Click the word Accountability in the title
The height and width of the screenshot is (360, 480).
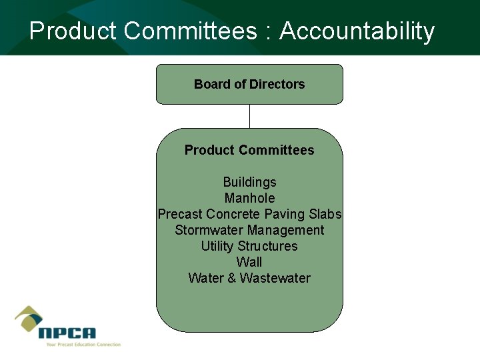[357, 31]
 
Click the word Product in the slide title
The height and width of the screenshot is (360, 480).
[73, 31]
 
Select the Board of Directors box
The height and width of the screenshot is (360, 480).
[249, 84]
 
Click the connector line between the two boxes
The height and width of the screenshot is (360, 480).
[249, 116]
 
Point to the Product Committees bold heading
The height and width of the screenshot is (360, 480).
[249, 150]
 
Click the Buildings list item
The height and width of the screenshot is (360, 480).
[249, 182]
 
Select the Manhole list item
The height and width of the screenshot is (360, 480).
[249, 198]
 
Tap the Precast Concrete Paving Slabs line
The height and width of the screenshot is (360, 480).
[249, 214]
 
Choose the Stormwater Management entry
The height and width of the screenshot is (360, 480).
[249, 230]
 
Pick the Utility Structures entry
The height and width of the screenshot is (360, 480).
[249, 246]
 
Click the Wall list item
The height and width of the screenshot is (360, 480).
[249, 262]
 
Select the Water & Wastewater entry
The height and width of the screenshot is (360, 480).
[249, 278]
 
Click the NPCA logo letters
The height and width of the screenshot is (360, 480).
[67, 333]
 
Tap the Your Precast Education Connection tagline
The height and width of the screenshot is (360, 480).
[83, 345]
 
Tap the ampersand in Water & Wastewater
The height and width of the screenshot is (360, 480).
[232, 278]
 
